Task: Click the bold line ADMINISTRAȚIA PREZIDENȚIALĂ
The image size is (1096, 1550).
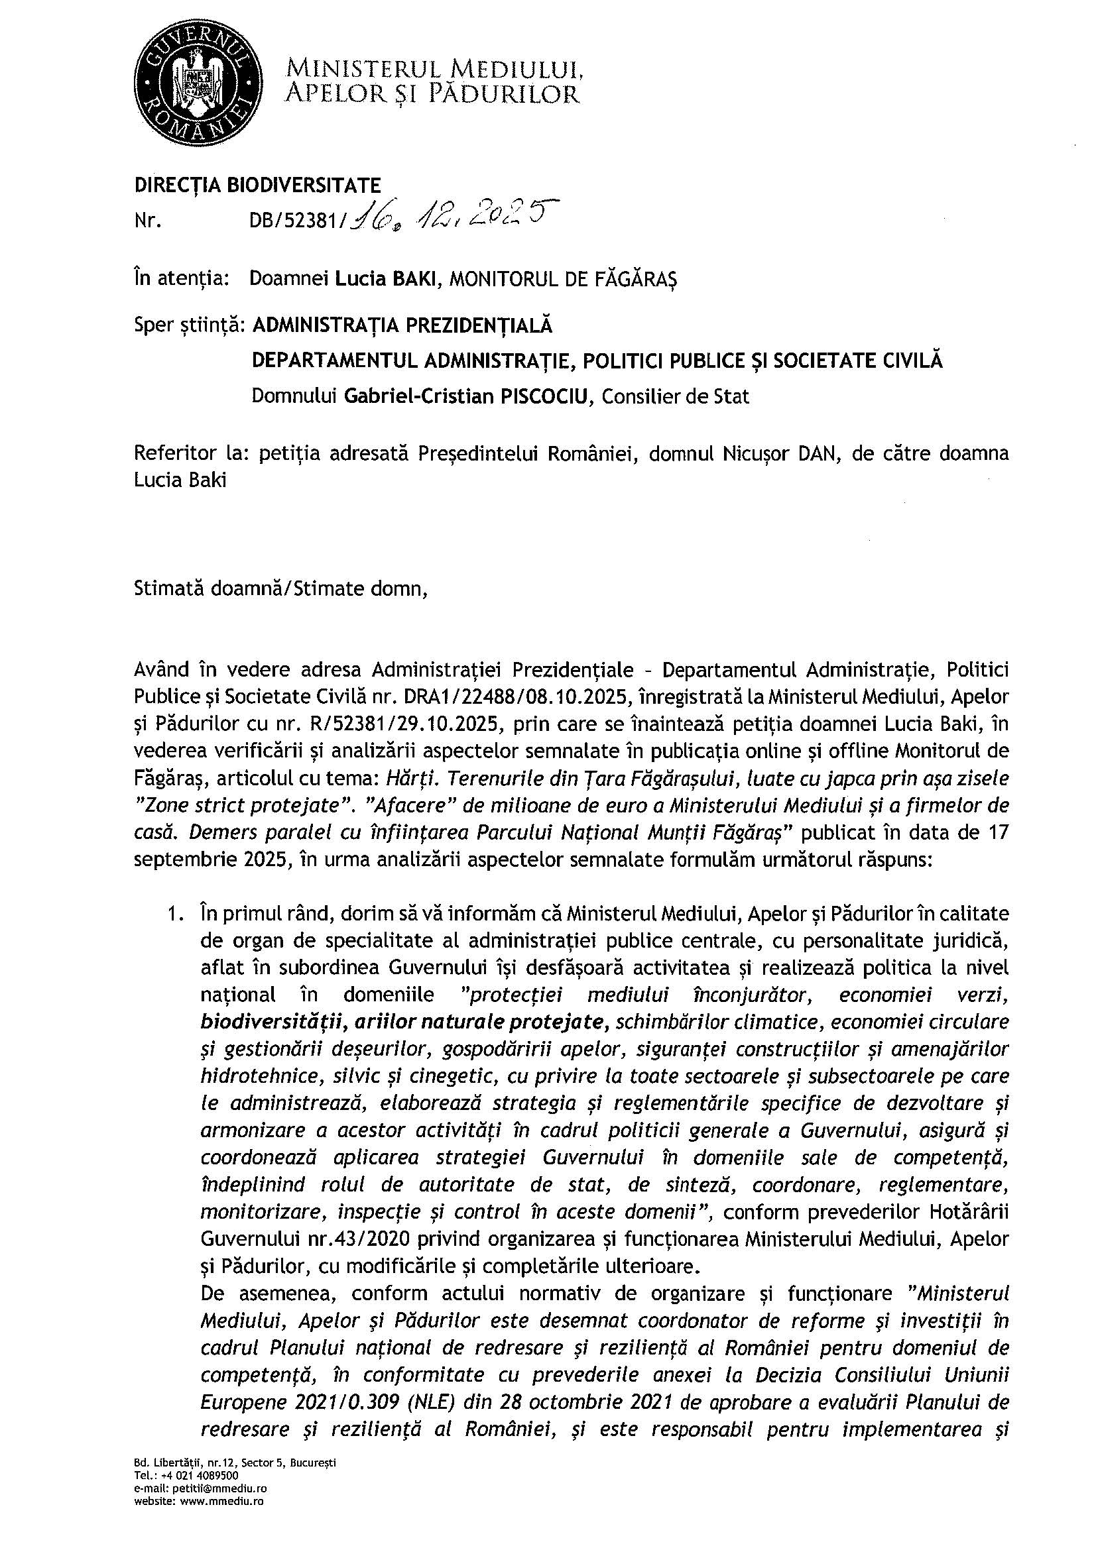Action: coord(402,325)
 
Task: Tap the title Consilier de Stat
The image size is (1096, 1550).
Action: coord(675,396)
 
